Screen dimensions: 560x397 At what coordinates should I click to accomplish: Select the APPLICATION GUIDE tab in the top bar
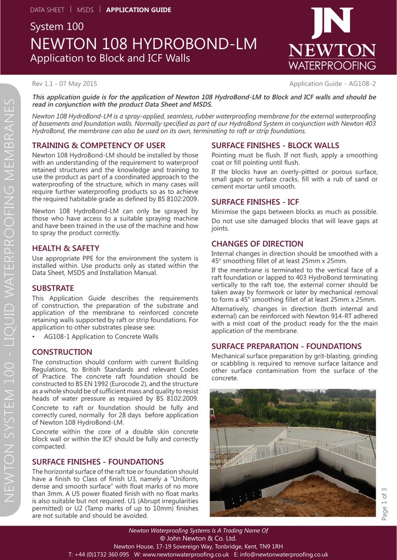click(139, 10)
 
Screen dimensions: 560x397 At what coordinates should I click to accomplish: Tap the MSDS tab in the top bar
click(85, 10)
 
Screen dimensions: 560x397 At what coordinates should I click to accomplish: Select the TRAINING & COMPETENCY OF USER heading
click(99, 145)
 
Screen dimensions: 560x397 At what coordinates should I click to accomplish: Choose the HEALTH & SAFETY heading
click(66, 248)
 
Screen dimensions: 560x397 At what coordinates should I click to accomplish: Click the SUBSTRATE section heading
click(53, 288)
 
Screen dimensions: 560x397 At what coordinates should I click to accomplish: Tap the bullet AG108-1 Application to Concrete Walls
click(101, 337)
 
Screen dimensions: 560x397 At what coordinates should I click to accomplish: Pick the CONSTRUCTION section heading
click(62, 352)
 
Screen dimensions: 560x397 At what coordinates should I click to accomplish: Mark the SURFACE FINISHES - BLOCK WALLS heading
click(275, 145)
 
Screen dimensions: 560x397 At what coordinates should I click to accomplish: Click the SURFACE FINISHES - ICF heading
click(255, 202)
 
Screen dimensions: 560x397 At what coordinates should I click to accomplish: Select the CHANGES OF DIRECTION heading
click(257, 243)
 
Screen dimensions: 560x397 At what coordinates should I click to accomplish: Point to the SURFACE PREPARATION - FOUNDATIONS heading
click(286, 346)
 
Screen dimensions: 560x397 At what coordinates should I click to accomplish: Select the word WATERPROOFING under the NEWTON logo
click(332, 66)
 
